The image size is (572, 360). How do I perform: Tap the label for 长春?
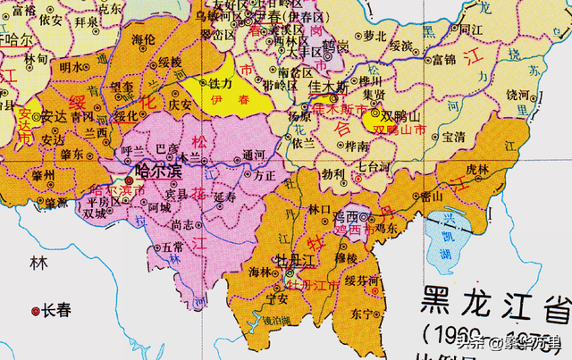tap(56, 311)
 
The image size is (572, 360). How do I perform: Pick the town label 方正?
tap(265, 177)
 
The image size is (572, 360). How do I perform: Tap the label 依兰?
tap(304, 142)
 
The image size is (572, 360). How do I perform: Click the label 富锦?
tap(443, 61)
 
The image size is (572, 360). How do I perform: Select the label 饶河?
tap(518, 93)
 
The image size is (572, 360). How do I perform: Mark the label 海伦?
tap(144, 40)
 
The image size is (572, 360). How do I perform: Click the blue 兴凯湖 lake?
tap(451, 239)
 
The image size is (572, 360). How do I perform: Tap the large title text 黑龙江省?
tap(496, 305)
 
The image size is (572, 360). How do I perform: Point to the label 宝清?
tap(454, 137)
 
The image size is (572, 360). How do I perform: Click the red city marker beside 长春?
tap(36, 311)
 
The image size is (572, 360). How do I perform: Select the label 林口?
tap(319, 208)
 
